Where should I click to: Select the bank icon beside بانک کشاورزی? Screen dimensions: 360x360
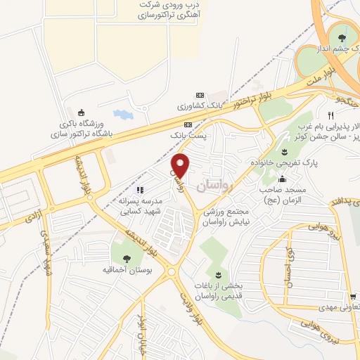point(199,96)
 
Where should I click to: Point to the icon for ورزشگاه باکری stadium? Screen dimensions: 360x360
point(81,111)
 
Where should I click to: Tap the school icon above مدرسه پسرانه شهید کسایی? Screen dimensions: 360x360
point(140,188)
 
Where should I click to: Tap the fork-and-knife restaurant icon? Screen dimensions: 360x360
point(330,115)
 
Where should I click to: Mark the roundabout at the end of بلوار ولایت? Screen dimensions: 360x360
point(172,272)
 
